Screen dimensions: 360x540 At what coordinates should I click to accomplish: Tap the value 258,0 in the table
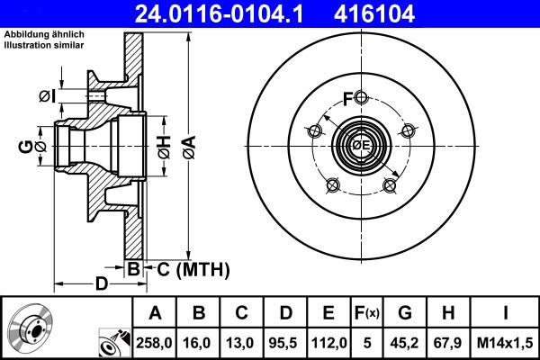pos(155,342)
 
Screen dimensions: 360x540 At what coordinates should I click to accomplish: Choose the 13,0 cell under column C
pos(242,342)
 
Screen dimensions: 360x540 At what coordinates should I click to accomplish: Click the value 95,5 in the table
pos(285,342)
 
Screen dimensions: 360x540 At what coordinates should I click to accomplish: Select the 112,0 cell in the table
pos(328,342)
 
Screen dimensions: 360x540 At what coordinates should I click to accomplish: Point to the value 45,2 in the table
pos(406,342)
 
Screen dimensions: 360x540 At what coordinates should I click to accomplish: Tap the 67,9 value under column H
pos(449,342)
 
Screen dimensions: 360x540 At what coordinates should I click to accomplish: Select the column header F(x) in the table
pos(366,313)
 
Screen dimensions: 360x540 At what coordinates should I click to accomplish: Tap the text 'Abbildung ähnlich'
pos(44,35)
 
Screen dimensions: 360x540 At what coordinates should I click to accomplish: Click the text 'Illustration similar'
pos(45,46)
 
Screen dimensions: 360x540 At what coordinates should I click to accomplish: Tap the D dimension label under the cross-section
pos(102,284)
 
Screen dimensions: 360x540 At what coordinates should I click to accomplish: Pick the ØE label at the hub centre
pos(362,146)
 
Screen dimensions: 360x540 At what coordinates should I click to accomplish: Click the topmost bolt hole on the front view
pos(361,97)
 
